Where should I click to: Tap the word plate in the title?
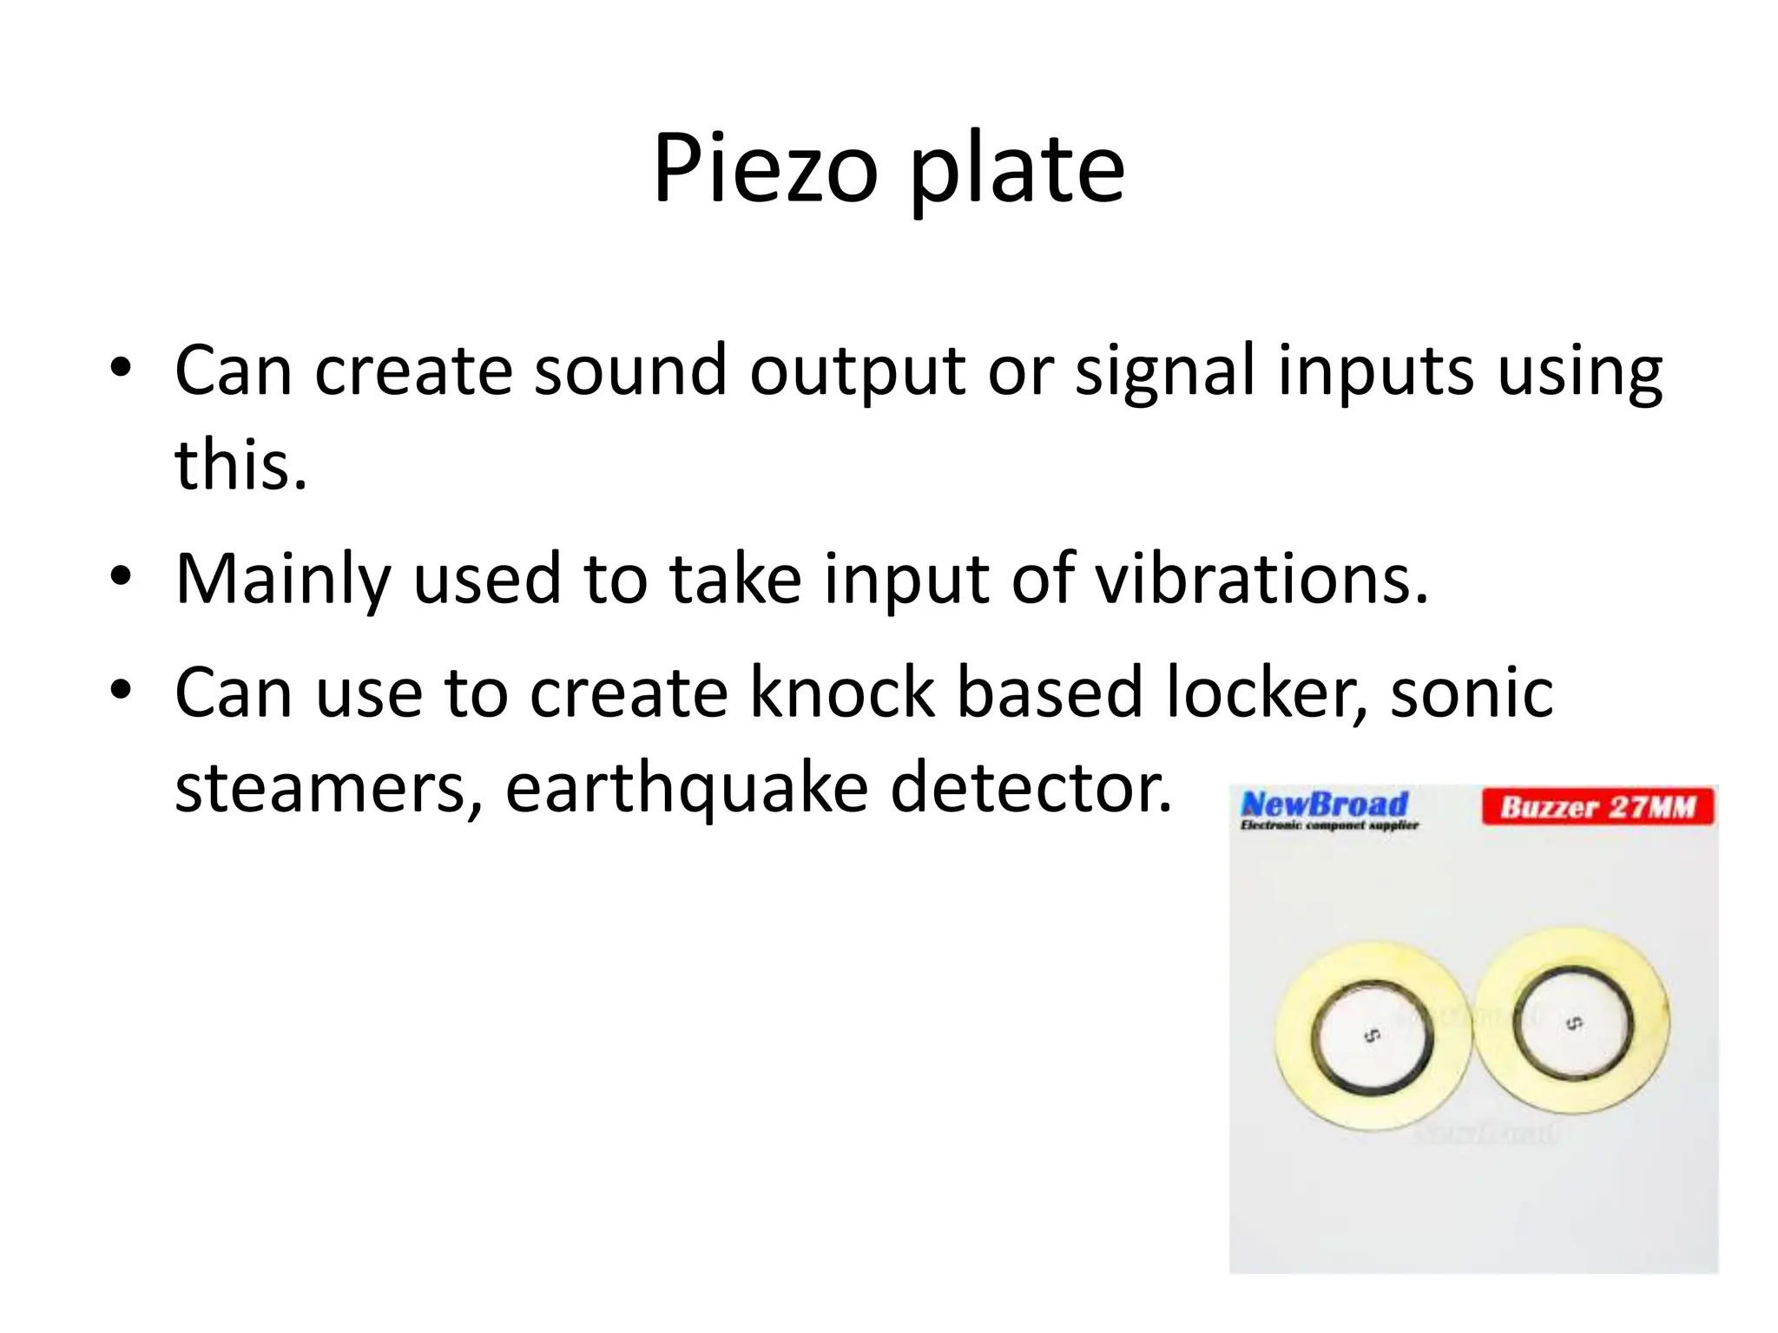coord(1017,169)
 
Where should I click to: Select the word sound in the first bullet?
coord(629,371)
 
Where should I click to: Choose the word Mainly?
coord(283,580)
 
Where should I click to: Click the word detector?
coord(1031,787)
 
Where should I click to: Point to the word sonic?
coord(1472,692)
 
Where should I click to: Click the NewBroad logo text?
coord(1325,804)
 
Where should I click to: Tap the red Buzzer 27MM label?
coord(1597,807)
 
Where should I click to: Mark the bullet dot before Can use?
coord(121,690)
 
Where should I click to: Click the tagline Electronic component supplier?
coord(1328,825)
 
